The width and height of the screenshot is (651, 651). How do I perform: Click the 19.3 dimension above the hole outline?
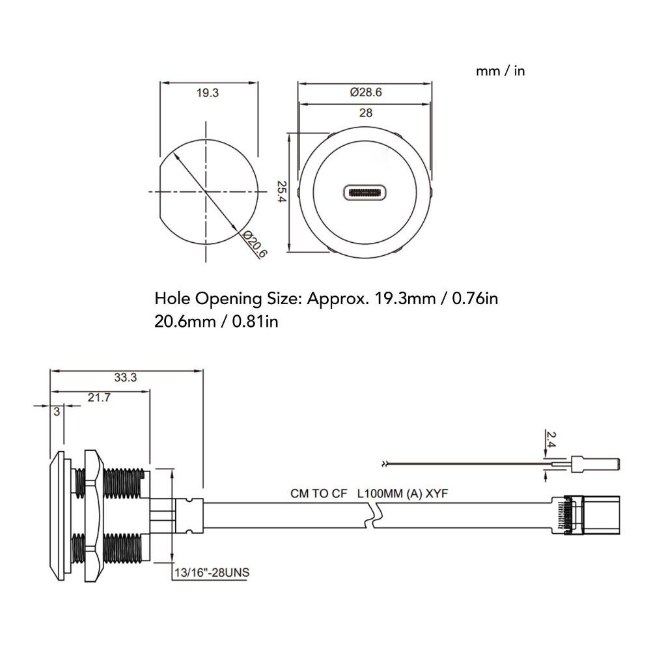[x=207, y=93]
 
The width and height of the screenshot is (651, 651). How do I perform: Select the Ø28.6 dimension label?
[x=365, y=92]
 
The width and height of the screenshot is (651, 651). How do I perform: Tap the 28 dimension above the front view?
[x=366, y=113]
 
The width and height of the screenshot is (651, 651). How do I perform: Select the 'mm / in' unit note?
[x=500, y=71]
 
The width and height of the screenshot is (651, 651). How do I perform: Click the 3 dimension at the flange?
[x=57, y=411]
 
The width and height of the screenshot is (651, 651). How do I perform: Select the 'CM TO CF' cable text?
[x=319, y=494]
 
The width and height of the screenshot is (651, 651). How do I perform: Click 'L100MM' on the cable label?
[x=381, y=494]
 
